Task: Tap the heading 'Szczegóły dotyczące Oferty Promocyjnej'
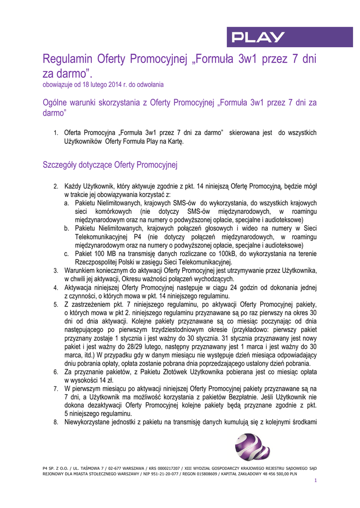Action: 110,164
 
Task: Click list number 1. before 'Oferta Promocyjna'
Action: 56,133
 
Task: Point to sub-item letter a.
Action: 67,203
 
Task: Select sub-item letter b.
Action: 67,228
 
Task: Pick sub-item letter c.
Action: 67,254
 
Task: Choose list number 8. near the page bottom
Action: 56,422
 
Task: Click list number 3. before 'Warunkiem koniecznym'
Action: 56,270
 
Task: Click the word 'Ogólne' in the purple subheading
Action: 55,103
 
